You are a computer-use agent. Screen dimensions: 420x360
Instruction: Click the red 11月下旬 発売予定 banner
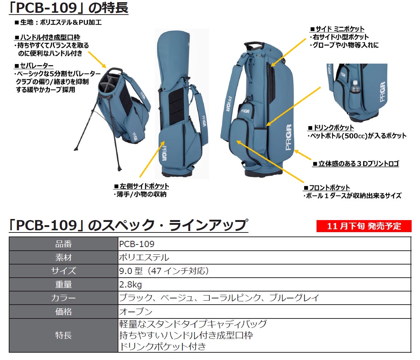pos(364,226)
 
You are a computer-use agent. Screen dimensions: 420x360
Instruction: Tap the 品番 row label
pos(63,244)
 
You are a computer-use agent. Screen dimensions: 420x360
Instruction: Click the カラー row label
pos(63,298)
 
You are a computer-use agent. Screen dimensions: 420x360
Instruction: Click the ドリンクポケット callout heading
pos(331,128)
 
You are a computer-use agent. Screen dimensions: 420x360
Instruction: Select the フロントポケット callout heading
pos(327,188)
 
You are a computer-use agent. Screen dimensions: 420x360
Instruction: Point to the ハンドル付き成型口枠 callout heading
pos(47,38)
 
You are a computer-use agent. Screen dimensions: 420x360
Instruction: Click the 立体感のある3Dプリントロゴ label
pos(356,164)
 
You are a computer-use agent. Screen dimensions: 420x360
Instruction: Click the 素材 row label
pos(63,257)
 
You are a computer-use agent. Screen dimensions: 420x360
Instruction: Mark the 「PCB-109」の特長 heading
pos(68,8)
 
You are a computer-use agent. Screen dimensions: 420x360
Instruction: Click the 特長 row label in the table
pos(63,335)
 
